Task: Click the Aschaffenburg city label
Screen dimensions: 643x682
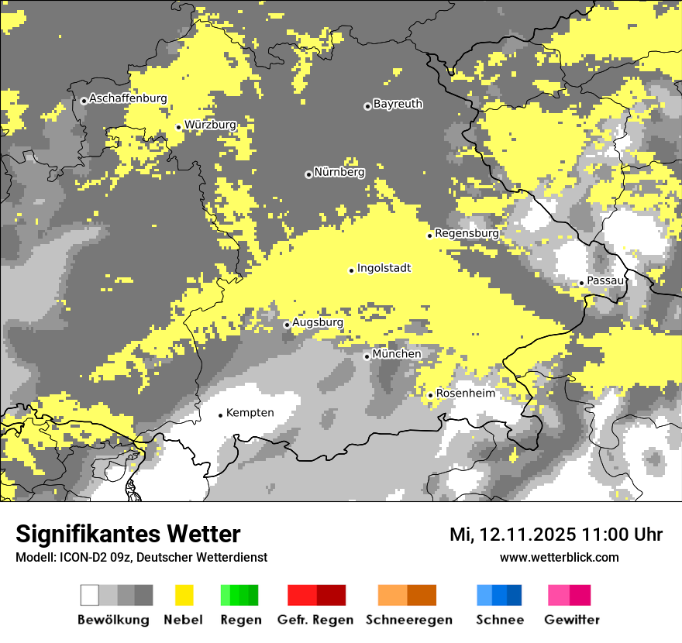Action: pyautogui.click(x=128, y=98)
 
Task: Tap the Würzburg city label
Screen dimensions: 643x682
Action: pyautogui.click(x=210, y=125)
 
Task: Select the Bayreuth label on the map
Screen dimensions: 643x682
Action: pyautogui.click(x=398, y=104)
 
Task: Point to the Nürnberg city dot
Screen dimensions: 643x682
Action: pyautogui.click(x=308, y=174)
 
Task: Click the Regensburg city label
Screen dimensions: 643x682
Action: pyautogui.click(x=467, y=233)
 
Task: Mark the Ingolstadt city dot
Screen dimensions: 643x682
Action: pyautogui.click(x=351, y=270)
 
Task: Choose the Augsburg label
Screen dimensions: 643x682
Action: pyautogui.click(x=318, y=322)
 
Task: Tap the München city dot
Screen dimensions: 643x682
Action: pyautogui.click(x=367, y=356)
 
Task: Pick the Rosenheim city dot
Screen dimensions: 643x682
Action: pyautogui.click(x=430, y=395)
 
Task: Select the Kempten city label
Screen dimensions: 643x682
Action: pyautogui.click(x=250, y=413)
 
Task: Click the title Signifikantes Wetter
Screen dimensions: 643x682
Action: pyautogui.click(x=128, y=535)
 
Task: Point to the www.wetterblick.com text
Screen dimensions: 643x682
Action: pyautogui.click(x=560, y=557)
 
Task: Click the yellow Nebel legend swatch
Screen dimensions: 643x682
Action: pyautogui.click(x=184, y=595)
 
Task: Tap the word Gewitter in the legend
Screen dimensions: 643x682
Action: pyautogui.click(x=572, y=620)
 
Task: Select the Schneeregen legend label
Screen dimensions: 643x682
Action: pyautogui.click(x=409, y=620)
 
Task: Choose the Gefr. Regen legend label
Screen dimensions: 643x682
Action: pyautogui.click(x=315, y=620)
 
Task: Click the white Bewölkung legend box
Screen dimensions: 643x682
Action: pyautogui.click(x=90, y=595)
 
